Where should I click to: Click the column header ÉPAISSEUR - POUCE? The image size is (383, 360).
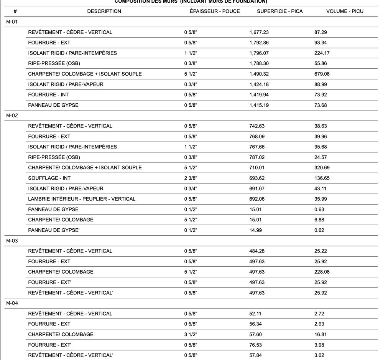pos(215,11)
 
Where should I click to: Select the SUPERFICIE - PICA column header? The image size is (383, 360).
pos(279,11)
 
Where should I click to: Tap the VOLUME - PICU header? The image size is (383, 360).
pos(345,11)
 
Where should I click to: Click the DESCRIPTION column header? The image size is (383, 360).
pos(104,11)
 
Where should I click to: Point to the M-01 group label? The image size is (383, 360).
pos(12,22)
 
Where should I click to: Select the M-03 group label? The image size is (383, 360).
pos(12,241)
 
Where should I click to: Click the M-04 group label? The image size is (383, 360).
pos(12,303)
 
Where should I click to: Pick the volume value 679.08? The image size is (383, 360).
pos(322,74)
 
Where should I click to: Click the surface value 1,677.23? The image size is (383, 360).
pos(259,32)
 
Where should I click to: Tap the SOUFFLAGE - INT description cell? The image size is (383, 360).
pos(49,178)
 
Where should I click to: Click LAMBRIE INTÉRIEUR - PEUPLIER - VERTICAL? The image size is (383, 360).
pos(82,199)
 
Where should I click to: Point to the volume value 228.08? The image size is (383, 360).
pos(322,272)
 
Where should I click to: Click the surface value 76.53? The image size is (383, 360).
pos(256,345)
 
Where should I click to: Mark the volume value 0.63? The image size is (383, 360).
pos(319,209)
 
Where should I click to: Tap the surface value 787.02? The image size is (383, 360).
pos(257,157)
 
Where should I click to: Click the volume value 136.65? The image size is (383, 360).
pos(322,178)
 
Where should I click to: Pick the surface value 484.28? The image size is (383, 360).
pos(257,251)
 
